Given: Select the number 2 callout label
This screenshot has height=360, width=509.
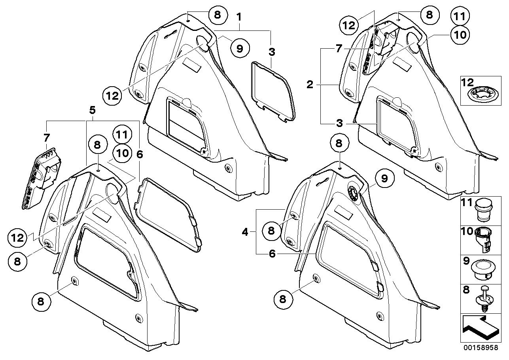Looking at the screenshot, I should (310, 84).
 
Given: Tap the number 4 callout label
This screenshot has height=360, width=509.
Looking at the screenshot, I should (245, 232).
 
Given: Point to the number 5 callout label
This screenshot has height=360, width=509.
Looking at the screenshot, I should (93, 108).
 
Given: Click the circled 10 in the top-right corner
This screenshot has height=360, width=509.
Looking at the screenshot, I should (460, 34).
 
